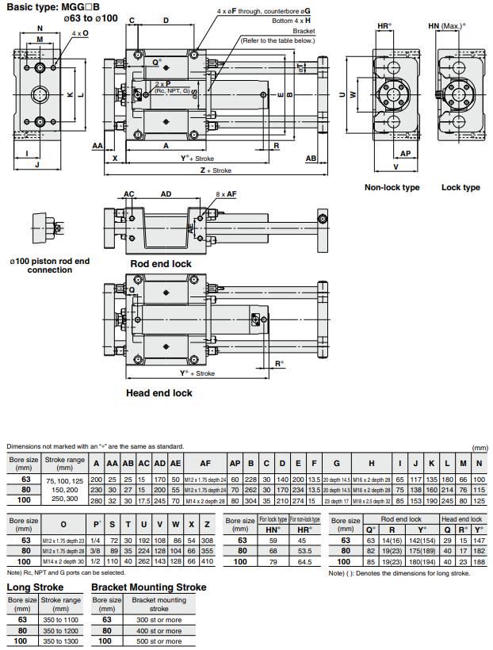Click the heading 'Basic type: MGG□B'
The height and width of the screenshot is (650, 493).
[54, 6]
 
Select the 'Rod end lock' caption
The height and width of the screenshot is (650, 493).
[161, 263]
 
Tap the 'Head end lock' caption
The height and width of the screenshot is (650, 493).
[159, 392]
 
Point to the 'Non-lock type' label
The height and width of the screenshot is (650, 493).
[392, 188]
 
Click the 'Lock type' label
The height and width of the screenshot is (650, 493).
[461, 188]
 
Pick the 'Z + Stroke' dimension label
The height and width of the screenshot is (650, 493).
[215, 170]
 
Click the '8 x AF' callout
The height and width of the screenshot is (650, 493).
[226, 194]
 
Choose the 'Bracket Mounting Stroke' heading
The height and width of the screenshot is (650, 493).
[149, 587]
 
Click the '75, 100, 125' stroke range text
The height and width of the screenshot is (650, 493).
[63, 480]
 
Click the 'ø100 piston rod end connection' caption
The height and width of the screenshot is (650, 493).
[49, 265]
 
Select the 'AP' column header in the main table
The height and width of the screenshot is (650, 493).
[235, 463]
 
